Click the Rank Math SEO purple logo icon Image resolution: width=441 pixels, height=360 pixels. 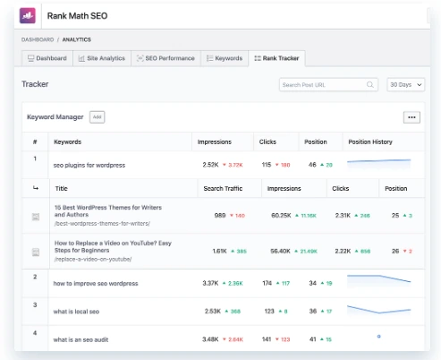[x=28, y=15]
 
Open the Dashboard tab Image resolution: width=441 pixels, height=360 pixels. [x=47, y=58]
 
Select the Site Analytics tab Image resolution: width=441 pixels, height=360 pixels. [x=101, y=58]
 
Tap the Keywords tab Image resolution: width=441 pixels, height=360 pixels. [x=225, y=58]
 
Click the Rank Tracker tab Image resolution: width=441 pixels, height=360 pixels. [x=277, y=58]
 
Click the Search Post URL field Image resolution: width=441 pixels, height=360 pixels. [x=323, y=85]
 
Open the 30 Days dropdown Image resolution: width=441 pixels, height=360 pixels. [x=405, y=85]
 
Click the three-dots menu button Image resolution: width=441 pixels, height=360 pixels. [x=411, y=117]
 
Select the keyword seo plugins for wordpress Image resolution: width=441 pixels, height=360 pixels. [x=89, y=165]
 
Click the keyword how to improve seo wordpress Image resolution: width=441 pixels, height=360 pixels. [x=96, y=283]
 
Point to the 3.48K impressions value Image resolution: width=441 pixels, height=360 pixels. [x=211, y=339]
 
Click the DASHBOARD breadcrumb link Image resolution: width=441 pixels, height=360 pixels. [x=37, y=39]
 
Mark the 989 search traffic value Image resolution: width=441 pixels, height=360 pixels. [x=219, y=216]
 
